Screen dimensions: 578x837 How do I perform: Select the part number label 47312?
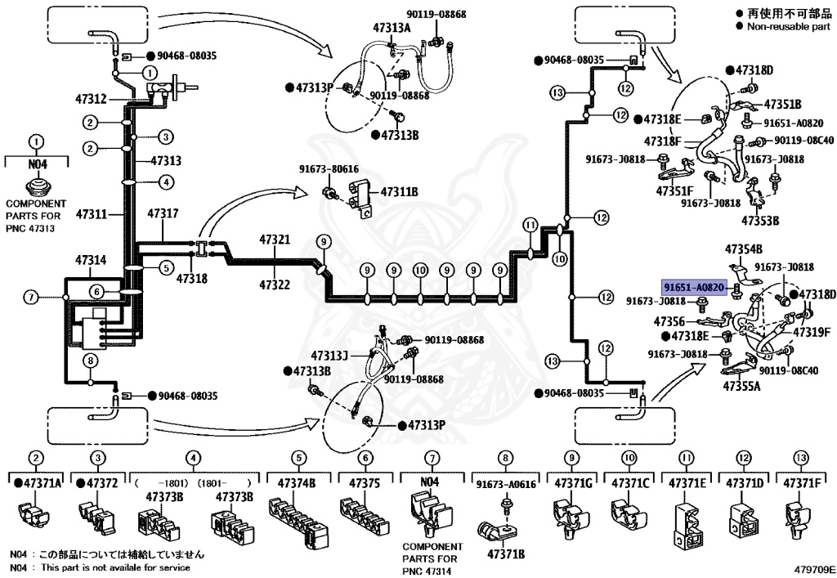point(91,100)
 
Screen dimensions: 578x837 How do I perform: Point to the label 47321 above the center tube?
point(275,240)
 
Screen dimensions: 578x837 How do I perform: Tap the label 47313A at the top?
point(392,27)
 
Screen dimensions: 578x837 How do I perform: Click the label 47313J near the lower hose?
point(329,356)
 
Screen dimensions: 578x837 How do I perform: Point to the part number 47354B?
point(744,249)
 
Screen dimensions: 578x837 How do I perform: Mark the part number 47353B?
point(760,220)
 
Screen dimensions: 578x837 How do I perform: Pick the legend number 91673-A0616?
point(506,484)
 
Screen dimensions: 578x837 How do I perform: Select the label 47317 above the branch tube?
point(162,214)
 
